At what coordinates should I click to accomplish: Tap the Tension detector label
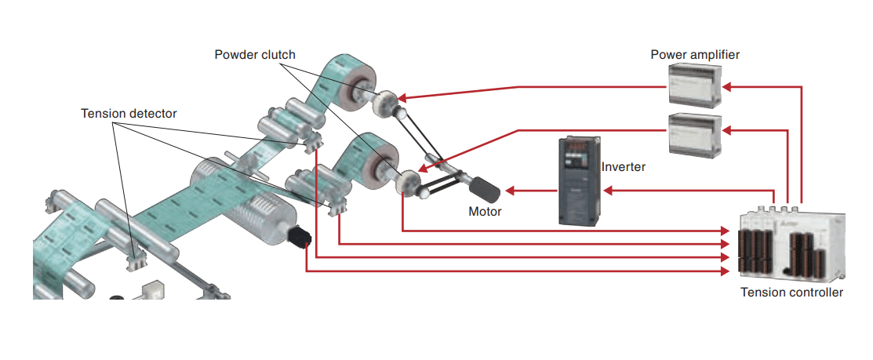[x=129, y=114]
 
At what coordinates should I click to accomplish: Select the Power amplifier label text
[x=695, y=54]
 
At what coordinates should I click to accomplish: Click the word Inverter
[x=623, y=167]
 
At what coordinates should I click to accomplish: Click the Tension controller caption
[x=791, y=293]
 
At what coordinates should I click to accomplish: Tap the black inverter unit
[x=579, y=181]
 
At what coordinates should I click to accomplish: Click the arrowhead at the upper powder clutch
[x=402, y=98]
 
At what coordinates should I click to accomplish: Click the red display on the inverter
[x=579, y=147]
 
